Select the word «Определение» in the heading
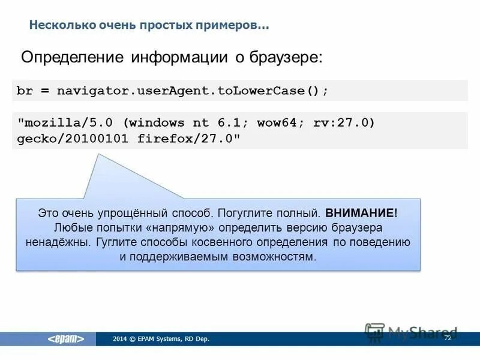71,58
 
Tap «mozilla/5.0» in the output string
67,123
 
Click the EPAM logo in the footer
67,339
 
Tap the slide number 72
447,338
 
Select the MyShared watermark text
422,332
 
